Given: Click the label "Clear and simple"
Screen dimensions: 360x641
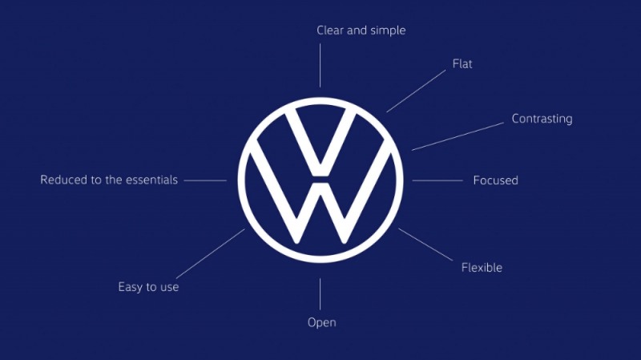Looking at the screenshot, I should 361,30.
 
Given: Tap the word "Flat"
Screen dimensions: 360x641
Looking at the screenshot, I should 462,63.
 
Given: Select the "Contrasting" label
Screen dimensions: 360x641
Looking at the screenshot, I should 542,119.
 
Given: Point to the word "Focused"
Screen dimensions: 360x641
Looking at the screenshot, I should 495,180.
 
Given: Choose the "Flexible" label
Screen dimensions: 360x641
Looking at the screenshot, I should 482,267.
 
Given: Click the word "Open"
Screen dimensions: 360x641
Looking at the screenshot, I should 321,322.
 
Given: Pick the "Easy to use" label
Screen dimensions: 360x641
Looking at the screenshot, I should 148,286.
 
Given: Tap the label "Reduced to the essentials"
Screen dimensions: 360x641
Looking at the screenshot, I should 109,180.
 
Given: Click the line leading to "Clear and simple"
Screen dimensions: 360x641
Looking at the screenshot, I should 320,65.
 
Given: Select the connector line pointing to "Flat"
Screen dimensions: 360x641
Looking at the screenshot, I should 416,91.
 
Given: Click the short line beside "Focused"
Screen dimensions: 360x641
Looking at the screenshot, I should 437,180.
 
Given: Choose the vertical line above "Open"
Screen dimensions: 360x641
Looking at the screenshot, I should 320,293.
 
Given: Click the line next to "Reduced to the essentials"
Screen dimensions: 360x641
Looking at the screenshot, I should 205,180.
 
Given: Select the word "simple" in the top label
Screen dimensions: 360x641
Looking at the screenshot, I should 386,30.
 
